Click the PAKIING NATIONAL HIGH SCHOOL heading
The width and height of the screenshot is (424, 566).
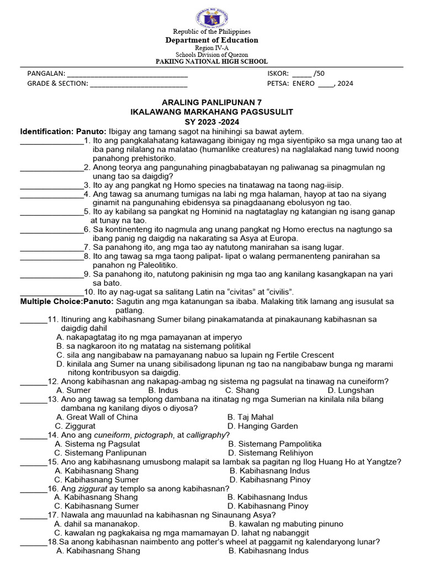[212, 62]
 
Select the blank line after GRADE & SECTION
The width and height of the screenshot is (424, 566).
[138, 84]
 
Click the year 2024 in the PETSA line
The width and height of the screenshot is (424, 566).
[345, 83]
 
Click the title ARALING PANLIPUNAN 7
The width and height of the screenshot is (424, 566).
[211, 103]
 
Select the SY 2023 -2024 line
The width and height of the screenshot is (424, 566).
[211, 121]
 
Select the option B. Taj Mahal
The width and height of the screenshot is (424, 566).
[251, 417]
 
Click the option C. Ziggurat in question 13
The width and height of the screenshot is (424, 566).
[76, 426]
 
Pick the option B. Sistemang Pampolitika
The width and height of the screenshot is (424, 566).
[275, 444]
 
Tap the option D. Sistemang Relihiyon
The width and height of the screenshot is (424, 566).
[271, 453]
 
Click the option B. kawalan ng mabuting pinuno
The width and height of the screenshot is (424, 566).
[286, 523]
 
